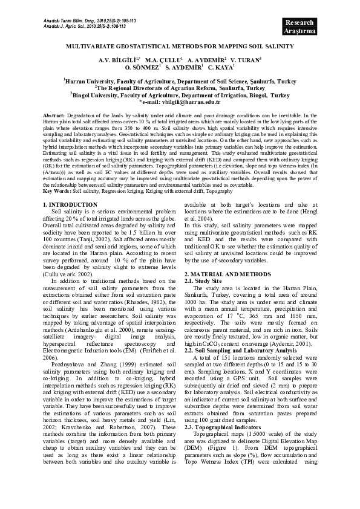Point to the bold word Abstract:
(x=54, y=115)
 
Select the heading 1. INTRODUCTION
(x=71, y=206)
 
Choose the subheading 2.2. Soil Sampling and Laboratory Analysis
(x=241, y=351)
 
